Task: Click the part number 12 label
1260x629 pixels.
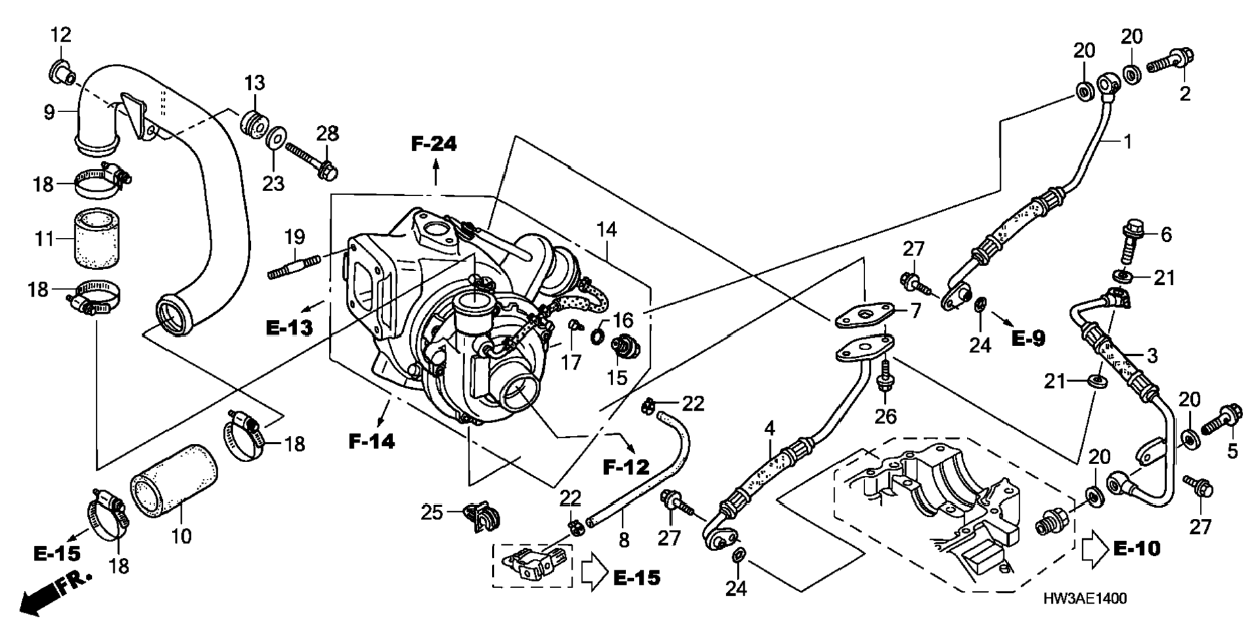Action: pos(61,35)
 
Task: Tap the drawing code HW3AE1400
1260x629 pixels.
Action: pos(1084,599)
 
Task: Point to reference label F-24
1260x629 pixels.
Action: pos(434,144)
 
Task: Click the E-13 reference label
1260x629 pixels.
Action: pos(289,327)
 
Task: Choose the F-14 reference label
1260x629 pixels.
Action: pos(371,441)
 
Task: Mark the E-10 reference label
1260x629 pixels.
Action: pos(1137,549)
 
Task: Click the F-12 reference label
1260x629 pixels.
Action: pos(626,467)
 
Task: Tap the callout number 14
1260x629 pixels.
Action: pos(607,229)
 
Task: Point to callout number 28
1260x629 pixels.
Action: pos(328,134)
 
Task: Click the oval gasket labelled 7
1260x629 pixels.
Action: pos(865,314)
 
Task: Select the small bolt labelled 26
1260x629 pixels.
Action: pos(884,376)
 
